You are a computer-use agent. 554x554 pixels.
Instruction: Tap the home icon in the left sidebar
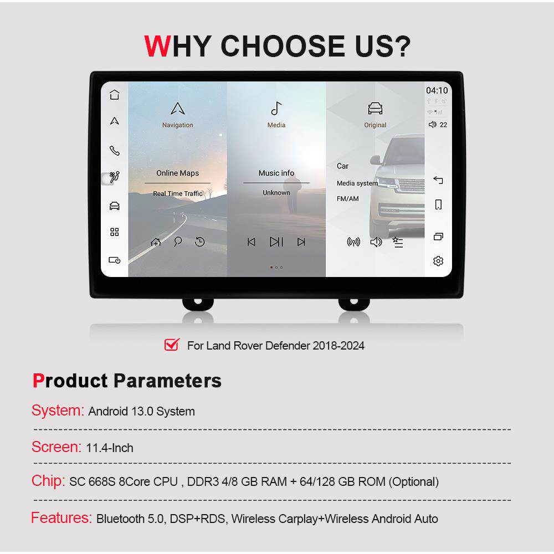[x=115, y=94]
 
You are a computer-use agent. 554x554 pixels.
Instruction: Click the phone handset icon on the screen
[x=115, y=151]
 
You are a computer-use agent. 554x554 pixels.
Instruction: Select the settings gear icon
[x=438, y=261]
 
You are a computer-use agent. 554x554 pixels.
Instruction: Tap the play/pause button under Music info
[x=276, y=242]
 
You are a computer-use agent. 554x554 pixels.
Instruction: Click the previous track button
[x=251, y=242]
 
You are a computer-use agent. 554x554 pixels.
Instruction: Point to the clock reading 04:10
[x=437, y=90]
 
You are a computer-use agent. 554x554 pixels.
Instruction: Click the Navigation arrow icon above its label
[x=177, y=109]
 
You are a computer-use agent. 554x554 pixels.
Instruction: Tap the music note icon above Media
[x=276, y=109]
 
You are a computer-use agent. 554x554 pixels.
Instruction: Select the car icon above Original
[x=375, y=109]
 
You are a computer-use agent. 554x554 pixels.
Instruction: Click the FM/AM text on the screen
[x=348, y=198]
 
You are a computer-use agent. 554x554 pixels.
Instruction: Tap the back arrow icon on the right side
[x=438, y=180]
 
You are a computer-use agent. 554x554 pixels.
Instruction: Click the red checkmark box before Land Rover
[x=172, y=345]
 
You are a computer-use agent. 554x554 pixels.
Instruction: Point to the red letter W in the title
[x=157, y=46]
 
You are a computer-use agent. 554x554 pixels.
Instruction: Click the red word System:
[x=58, y=411]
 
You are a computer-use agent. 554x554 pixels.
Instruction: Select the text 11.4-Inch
[x=110, y=448]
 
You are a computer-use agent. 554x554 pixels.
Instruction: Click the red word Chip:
[x=48, y=481]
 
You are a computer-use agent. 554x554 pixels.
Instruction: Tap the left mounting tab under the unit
[x=198, y=304]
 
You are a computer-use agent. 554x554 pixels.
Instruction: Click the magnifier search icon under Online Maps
[x=178, y=242]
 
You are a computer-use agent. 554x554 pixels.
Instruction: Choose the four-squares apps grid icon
[x=115, y=232]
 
